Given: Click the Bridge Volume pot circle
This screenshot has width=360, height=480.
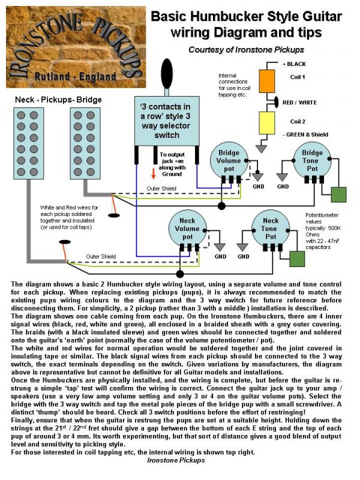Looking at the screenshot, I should coord(228,160).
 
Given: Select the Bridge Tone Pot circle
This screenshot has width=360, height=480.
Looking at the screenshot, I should coord(312,160).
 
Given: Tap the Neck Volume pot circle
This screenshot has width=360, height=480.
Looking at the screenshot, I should coord(187,228).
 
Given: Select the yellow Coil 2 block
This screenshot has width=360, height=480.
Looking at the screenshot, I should coord(267,122).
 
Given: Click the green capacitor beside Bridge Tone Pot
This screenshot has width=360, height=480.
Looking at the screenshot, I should coord(339,195).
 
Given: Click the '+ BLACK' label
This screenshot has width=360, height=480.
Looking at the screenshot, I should coord(294,64).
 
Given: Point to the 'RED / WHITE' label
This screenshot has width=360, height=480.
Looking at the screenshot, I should coord(299,103).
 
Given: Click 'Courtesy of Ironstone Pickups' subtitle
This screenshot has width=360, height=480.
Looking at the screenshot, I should coord(246,49).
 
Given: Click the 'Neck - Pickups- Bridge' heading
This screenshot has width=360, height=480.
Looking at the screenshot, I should coord(59,99).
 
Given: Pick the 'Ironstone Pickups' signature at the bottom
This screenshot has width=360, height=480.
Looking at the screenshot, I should coord(176,460).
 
